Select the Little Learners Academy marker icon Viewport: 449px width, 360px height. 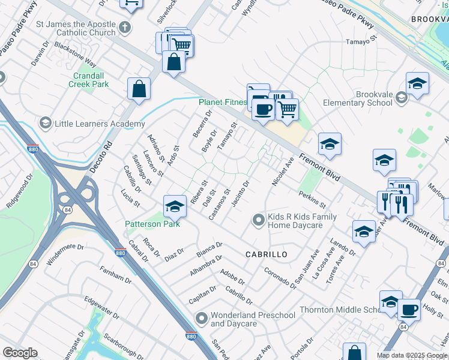45,124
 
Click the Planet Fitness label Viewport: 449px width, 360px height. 223,103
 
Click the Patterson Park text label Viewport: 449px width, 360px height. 152,224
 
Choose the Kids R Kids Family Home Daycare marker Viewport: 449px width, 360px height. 258,220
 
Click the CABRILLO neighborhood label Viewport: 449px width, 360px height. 267,254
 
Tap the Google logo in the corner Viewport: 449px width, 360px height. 20,353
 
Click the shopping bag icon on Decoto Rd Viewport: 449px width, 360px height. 139,89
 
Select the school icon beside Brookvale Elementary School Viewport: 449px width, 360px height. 417,84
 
